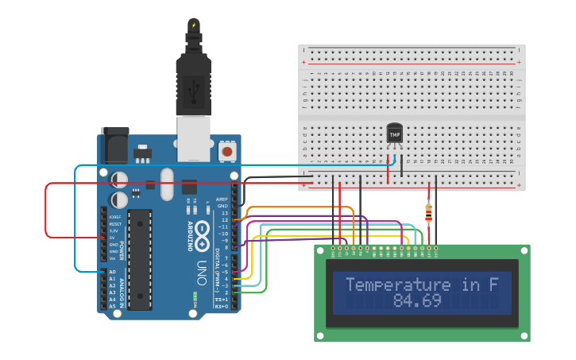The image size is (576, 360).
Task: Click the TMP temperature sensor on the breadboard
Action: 394,134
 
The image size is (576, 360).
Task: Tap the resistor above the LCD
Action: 429,212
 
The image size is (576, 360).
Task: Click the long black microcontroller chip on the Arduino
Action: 139,260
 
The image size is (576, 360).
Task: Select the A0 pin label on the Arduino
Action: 112,273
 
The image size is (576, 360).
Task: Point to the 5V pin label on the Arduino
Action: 113,238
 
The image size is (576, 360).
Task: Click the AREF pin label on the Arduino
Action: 222,199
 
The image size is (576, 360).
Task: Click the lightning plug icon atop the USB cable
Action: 193,25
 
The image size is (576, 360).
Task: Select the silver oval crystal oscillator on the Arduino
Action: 166,184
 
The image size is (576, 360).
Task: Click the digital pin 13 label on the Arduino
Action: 225,214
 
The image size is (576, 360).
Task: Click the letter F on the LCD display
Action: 493,285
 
